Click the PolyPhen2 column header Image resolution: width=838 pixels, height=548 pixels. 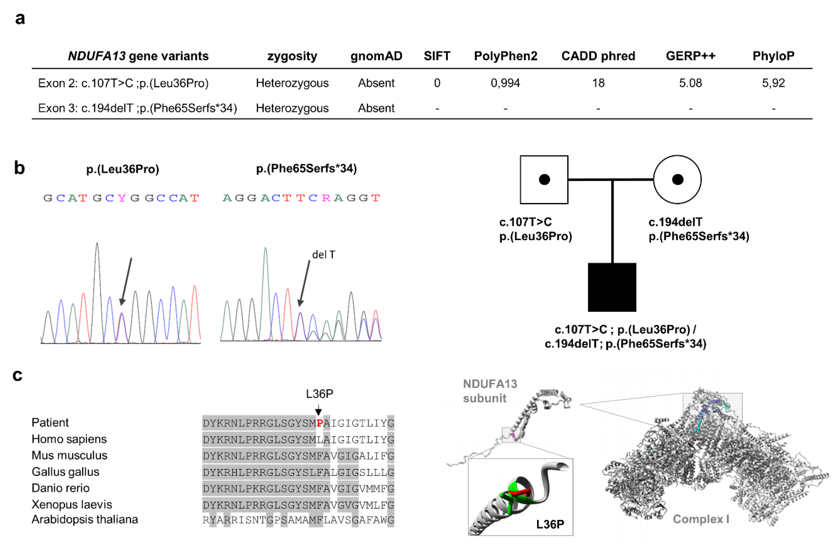tap(505, 56)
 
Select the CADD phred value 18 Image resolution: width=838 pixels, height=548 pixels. tap(598, 83)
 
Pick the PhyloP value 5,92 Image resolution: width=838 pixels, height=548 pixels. tap(773, 83)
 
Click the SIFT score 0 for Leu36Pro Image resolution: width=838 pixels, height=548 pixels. tap(437, 83)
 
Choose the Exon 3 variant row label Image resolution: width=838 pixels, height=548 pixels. tap(137, 108)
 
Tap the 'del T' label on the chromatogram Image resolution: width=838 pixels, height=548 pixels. tap(323, 255)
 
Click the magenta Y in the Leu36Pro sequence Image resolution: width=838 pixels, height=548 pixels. tap(122, 198)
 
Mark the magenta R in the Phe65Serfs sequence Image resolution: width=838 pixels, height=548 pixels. tap(326, 198)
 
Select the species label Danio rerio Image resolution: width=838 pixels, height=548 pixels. tap(61, 488)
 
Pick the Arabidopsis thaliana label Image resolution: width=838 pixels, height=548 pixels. tap(85, 519)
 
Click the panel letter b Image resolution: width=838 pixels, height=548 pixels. tap(19, 168)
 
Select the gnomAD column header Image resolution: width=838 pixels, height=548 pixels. tap(376, 56)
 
